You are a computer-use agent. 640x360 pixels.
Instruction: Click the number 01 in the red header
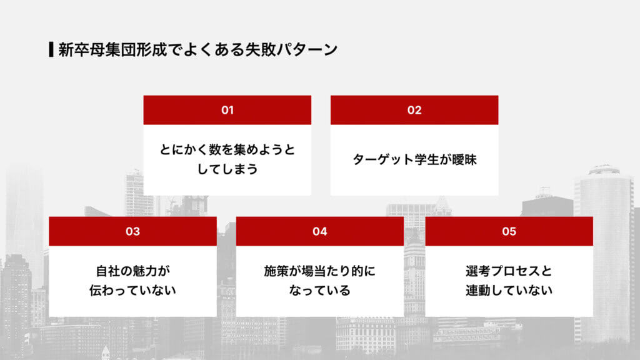pyautogui.click(x=227, y=110)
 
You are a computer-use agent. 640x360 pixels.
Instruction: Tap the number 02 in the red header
pyautogui.click(x=414, y=110)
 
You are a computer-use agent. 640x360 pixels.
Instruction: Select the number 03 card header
pyautogui.click(x=132, y=231)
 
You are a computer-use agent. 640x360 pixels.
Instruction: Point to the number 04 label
pyautogui.click(x=320, y=231)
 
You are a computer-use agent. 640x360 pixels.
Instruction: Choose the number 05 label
pyautogui.click(x=509, y=231)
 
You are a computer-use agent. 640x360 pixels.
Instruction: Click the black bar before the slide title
pyautogui.click(x=51, y=49)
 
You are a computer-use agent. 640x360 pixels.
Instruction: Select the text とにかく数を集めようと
pyautogui.click(x=227, y=150)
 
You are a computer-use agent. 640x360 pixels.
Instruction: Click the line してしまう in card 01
pyautogui.click(x=227, y=169)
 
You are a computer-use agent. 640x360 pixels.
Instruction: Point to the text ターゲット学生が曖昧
pyautogui.click(x=414, y=159)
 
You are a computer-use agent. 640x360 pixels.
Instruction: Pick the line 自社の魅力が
pyautogui.click(x=132, y=271)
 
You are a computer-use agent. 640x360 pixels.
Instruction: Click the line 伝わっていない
pyautogui.click(x=132, y=290)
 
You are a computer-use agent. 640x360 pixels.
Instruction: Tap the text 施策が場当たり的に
pyautogui.click(x=320, y=271)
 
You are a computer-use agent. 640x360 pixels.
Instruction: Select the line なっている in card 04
pyautogui.click(x=320, y=290)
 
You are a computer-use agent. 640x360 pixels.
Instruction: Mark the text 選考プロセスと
pyautogui.click(x=509, y=271)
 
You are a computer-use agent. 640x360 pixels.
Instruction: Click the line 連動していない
pyautogui.click(x=509, y=290)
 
